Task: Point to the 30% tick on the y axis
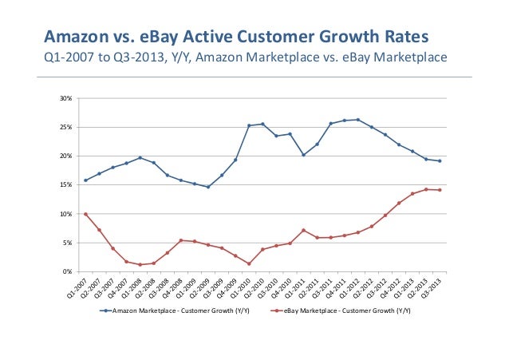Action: click(66, 98)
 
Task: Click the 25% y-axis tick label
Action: click(66, 127)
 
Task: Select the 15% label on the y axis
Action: click(66, 185)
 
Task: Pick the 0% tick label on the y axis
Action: click(68, 271)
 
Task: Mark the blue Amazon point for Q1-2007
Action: click(85, 180)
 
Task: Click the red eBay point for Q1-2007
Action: click(85, 214)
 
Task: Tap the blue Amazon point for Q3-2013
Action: click(440, 161)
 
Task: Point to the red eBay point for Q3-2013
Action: click(440, 190)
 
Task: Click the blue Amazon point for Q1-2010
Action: click(249, 125)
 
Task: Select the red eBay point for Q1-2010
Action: click(249, 264)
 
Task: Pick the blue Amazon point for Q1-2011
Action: click(303, 155)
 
